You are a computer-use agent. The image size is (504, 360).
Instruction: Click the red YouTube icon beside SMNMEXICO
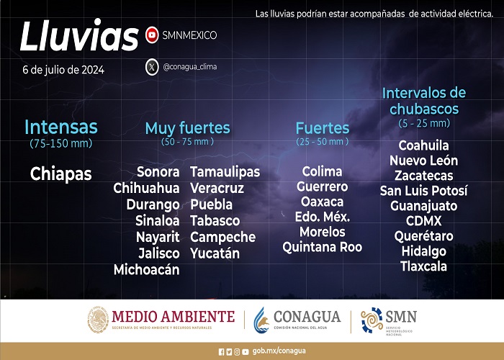[152, 35]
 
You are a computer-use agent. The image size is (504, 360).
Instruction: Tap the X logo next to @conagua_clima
[152, 67]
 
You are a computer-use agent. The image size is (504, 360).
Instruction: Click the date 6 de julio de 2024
[63, 70]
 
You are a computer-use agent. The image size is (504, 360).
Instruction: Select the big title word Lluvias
[79, 36]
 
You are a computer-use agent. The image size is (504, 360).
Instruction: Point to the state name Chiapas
[60, 174]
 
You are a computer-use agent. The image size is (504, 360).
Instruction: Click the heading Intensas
[60, 127]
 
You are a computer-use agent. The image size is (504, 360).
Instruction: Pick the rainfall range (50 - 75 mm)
[187, 142]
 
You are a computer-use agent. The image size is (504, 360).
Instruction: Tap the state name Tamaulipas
[225, 172]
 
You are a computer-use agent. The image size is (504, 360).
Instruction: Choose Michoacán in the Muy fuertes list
[147, 269]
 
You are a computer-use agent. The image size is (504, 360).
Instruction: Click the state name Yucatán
[215, 253]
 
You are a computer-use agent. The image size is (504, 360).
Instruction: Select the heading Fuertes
[322, 128]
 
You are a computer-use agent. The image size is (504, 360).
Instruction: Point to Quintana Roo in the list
[322, 247]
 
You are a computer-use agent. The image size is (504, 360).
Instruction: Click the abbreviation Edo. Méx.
[322, 217]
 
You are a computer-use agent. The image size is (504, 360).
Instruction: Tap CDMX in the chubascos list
[423, 221]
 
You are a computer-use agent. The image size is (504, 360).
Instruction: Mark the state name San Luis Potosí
[423, 191]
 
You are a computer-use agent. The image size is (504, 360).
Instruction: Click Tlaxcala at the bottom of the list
[423, 266]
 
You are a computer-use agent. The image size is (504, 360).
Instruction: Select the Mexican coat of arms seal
[98, 319]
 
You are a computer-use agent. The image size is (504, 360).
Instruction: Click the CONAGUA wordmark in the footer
[307, 317]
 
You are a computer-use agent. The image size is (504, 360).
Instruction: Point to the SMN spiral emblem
[372, 320]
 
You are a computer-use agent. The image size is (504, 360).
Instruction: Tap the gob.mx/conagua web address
[279, 351]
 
